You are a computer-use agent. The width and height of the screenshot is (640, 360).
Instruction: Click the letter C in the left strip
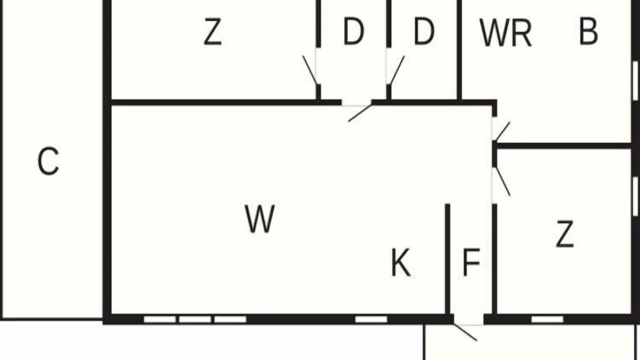click(48, 161)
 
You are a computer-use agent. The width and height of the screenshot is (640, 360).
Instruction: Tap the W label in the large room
click(260, 219)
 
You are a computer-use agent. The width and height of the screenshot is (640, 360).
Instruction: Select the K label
click(400, 262)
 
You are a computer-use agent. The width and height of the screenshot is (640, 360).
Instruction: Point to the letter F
click(471, 262)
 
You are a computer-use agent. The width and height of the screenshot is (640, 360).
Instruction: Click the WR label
click(505, 32)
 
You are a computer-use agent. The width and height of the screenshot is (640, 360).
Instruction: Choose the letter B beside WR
click(588, 31)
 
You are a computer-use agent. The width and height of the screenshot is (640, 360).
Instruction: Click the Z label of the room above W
click(212, 31)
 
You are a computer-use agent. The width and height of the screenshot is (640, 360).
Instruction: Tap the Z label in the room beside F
click(565, 233)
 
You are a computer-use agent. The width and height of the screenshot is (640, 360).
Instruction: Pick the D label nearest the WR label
click(424, 31)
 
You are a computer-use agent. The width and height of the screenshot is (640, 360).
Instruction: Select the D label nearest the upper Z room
click(353, 31)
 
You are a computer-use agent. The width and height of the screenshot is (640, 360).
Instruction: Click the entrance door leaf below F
click(465, 332)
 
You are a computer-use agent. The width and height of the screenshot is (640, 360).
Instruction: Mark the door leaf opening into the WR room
click(502, 131)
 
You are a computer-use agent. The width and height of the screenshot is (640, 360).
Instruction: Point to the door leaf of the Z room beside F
click(503, 181)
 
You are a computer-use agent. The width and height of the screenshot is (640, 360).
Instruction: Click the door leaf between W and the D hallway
click(360, 113)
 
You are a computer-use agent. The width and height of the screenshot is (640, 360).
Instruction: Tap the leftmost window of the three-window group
click(159, 319)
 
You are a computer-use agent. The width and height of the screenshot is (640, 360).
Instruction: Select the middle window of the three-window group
click(195, 319)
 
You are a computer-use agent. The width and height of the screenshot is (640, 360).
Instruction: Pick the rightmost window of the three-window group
click(230, 319)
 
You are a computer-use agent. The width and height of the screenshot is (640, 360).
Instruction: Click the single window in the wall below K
click(371, 319)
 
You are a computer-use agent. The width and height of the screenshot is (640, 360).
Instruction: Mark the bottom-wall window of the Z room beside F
click(547, 319)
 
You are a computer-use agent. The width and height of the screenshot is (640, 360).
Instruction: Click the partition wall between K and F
click(447, 259)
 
